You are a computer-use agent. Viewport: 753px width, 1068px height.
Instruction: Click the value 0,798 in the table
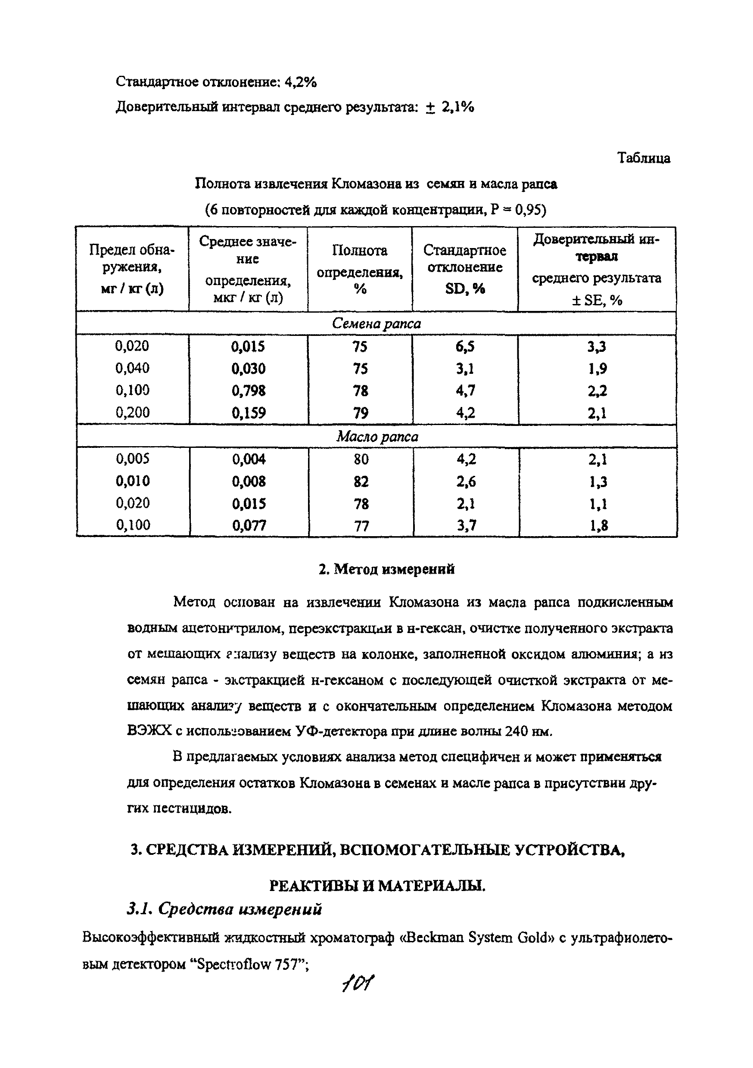(x=248, y=390)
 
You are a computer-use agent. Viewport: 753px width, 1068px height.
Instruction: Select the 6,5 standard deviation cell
(x=465, y=347)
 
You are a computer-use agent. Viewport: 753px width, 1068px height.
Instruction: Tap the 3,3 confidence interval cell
(x=597, y=347)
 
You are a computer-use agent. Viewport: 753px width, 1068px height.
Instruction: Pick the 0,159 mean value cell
(x=248, y=413)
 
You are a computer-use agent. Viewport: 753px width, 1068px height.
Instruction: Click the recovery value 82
(x=361, y=481)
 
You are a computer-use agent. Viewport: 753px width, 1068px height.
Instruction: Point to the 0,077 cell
(x=249, y=526)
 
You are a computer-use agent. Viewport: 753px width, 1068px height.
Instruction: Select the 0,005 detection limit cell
(x=133, y=459)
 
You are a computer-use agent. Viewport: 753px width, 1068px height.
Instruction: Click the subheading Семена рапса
(x=376, y=323)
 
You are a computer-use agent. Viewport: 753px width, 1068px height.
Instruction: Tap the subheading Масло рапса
(x=376, y=436)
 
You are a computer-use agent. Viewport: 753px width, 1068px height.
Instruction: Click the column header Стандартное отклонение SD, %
(x=464, y=269)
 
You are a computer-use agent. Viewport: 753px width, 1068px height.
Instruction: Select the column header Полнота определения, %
(x=359, y=269)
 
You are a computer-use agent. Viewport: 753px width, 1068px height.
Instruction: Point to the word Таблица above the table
(x=644, y=158)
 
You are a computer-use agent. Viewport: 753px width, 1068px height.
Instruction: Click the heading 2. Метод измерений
(x=386, y=569)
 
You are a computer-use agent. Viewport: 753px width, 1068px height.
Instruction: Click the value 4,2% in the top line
(x=300, y=82)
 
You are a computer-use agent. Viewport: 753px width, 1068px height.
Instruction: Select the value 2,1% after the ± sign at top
(x=458, y=108)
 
